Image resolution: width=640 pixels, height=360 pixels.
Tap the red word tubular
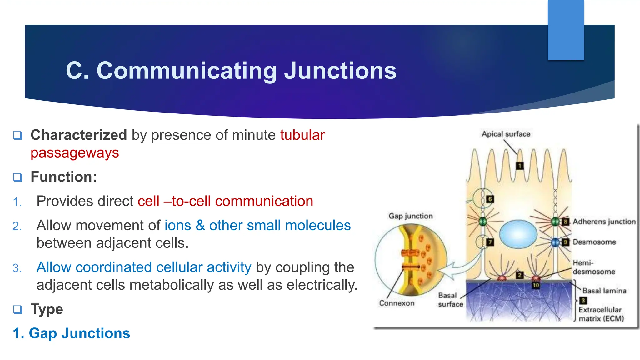[302, 135]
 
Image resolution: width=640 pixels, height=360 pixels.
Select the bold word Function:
[64, 177]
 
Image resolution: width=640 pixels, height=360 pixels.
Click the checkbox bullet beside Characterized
[17, 135]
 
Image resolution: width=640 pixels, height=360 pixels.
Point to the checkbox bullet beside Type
[17, 309]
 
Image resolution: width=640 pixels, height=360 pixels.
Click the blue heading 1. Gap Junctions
[71, 333]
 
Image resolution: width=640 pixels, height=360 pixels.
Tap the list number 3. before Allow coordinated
[17, 268]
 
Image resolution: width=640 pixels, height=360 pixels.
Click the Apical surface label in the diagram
[506, 134]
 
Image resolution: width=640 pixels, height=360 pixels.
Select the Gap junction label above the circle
[411, 216]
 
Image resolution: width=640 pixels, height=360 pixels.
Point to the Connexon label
[397, 303]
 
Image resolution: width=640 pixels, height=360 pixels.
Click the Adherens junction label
[604, 222]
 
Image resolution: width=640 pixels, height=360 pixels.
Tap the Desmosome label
[594, 242]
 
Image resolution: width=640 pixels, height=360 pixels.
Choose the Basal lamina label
[604, 291]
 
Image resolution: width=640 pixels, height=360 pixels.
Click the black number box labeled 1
[519, 166]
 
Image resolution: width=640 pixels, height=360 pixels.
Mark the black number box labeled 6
[490, 199]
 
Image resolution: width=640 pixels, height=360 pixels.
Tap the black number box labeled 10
[536, 285]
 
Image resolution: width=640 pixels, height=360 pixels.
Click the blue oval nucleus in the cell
[518, 234]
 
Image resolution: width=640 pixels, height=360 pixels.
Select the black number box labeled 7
[490, 242]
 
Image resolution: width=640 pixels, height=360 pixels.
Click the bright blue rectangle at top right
[566, 30]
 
